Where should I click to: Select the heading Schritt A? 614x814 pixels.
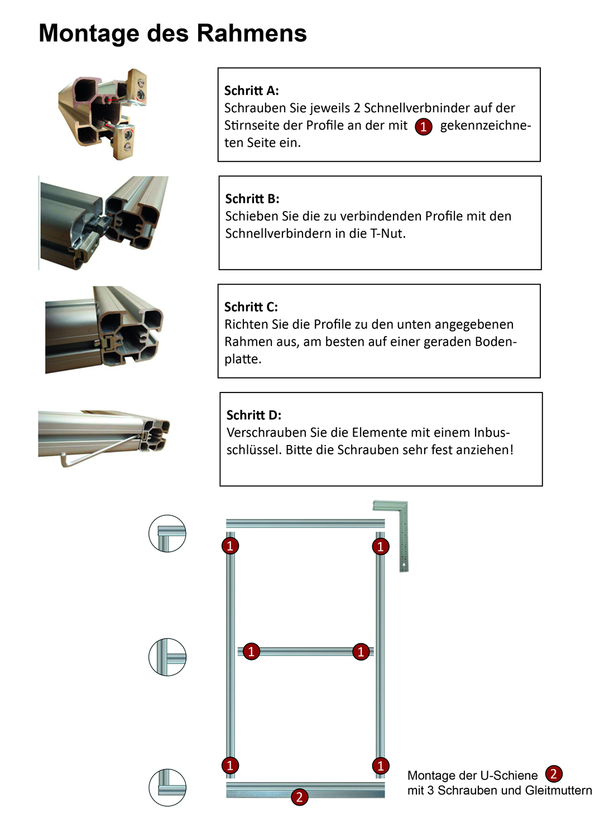click(x=251, y=90)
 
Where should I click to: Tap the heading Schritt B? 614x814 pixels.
click(x=252, y=199)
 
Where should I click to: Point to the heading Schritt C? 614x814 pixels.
click(x=251, y=307)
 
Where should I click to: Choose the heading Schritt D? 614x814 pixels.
click(x=254, y=415)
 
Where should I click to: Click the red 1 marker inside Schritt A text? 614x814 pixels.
click(x=424, y=127)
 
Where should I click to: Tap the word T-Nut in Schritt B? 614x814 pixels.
click(x=387, y=233)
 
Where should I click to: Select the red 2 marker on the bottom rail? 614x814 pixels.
click(x=299, y=797)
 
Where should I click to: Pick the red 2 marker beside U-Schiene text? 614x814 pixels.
click(x=553, y=774)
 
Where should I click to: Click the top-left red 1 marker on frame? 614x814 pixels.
click(x=230, y=545)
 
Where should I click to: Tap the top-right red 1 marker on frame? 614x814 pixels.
click(x=381, y=547)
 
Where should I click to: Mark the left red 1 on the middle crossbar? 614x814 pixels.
click(x=251, y=651)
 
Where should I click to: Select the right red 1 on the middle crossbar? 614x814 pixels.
click(x=361, y=652)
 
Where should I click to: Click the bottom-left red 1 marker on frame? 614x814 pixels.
click(x=230, y=765)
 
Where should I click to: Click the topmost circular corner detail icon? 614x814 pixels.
click(x=167, y=534)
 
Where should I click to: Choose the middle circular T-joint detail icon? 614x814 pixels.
click(x=167, y=657)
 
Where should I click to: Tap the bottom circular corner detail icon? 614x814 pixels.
click(x=167, y=787)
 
